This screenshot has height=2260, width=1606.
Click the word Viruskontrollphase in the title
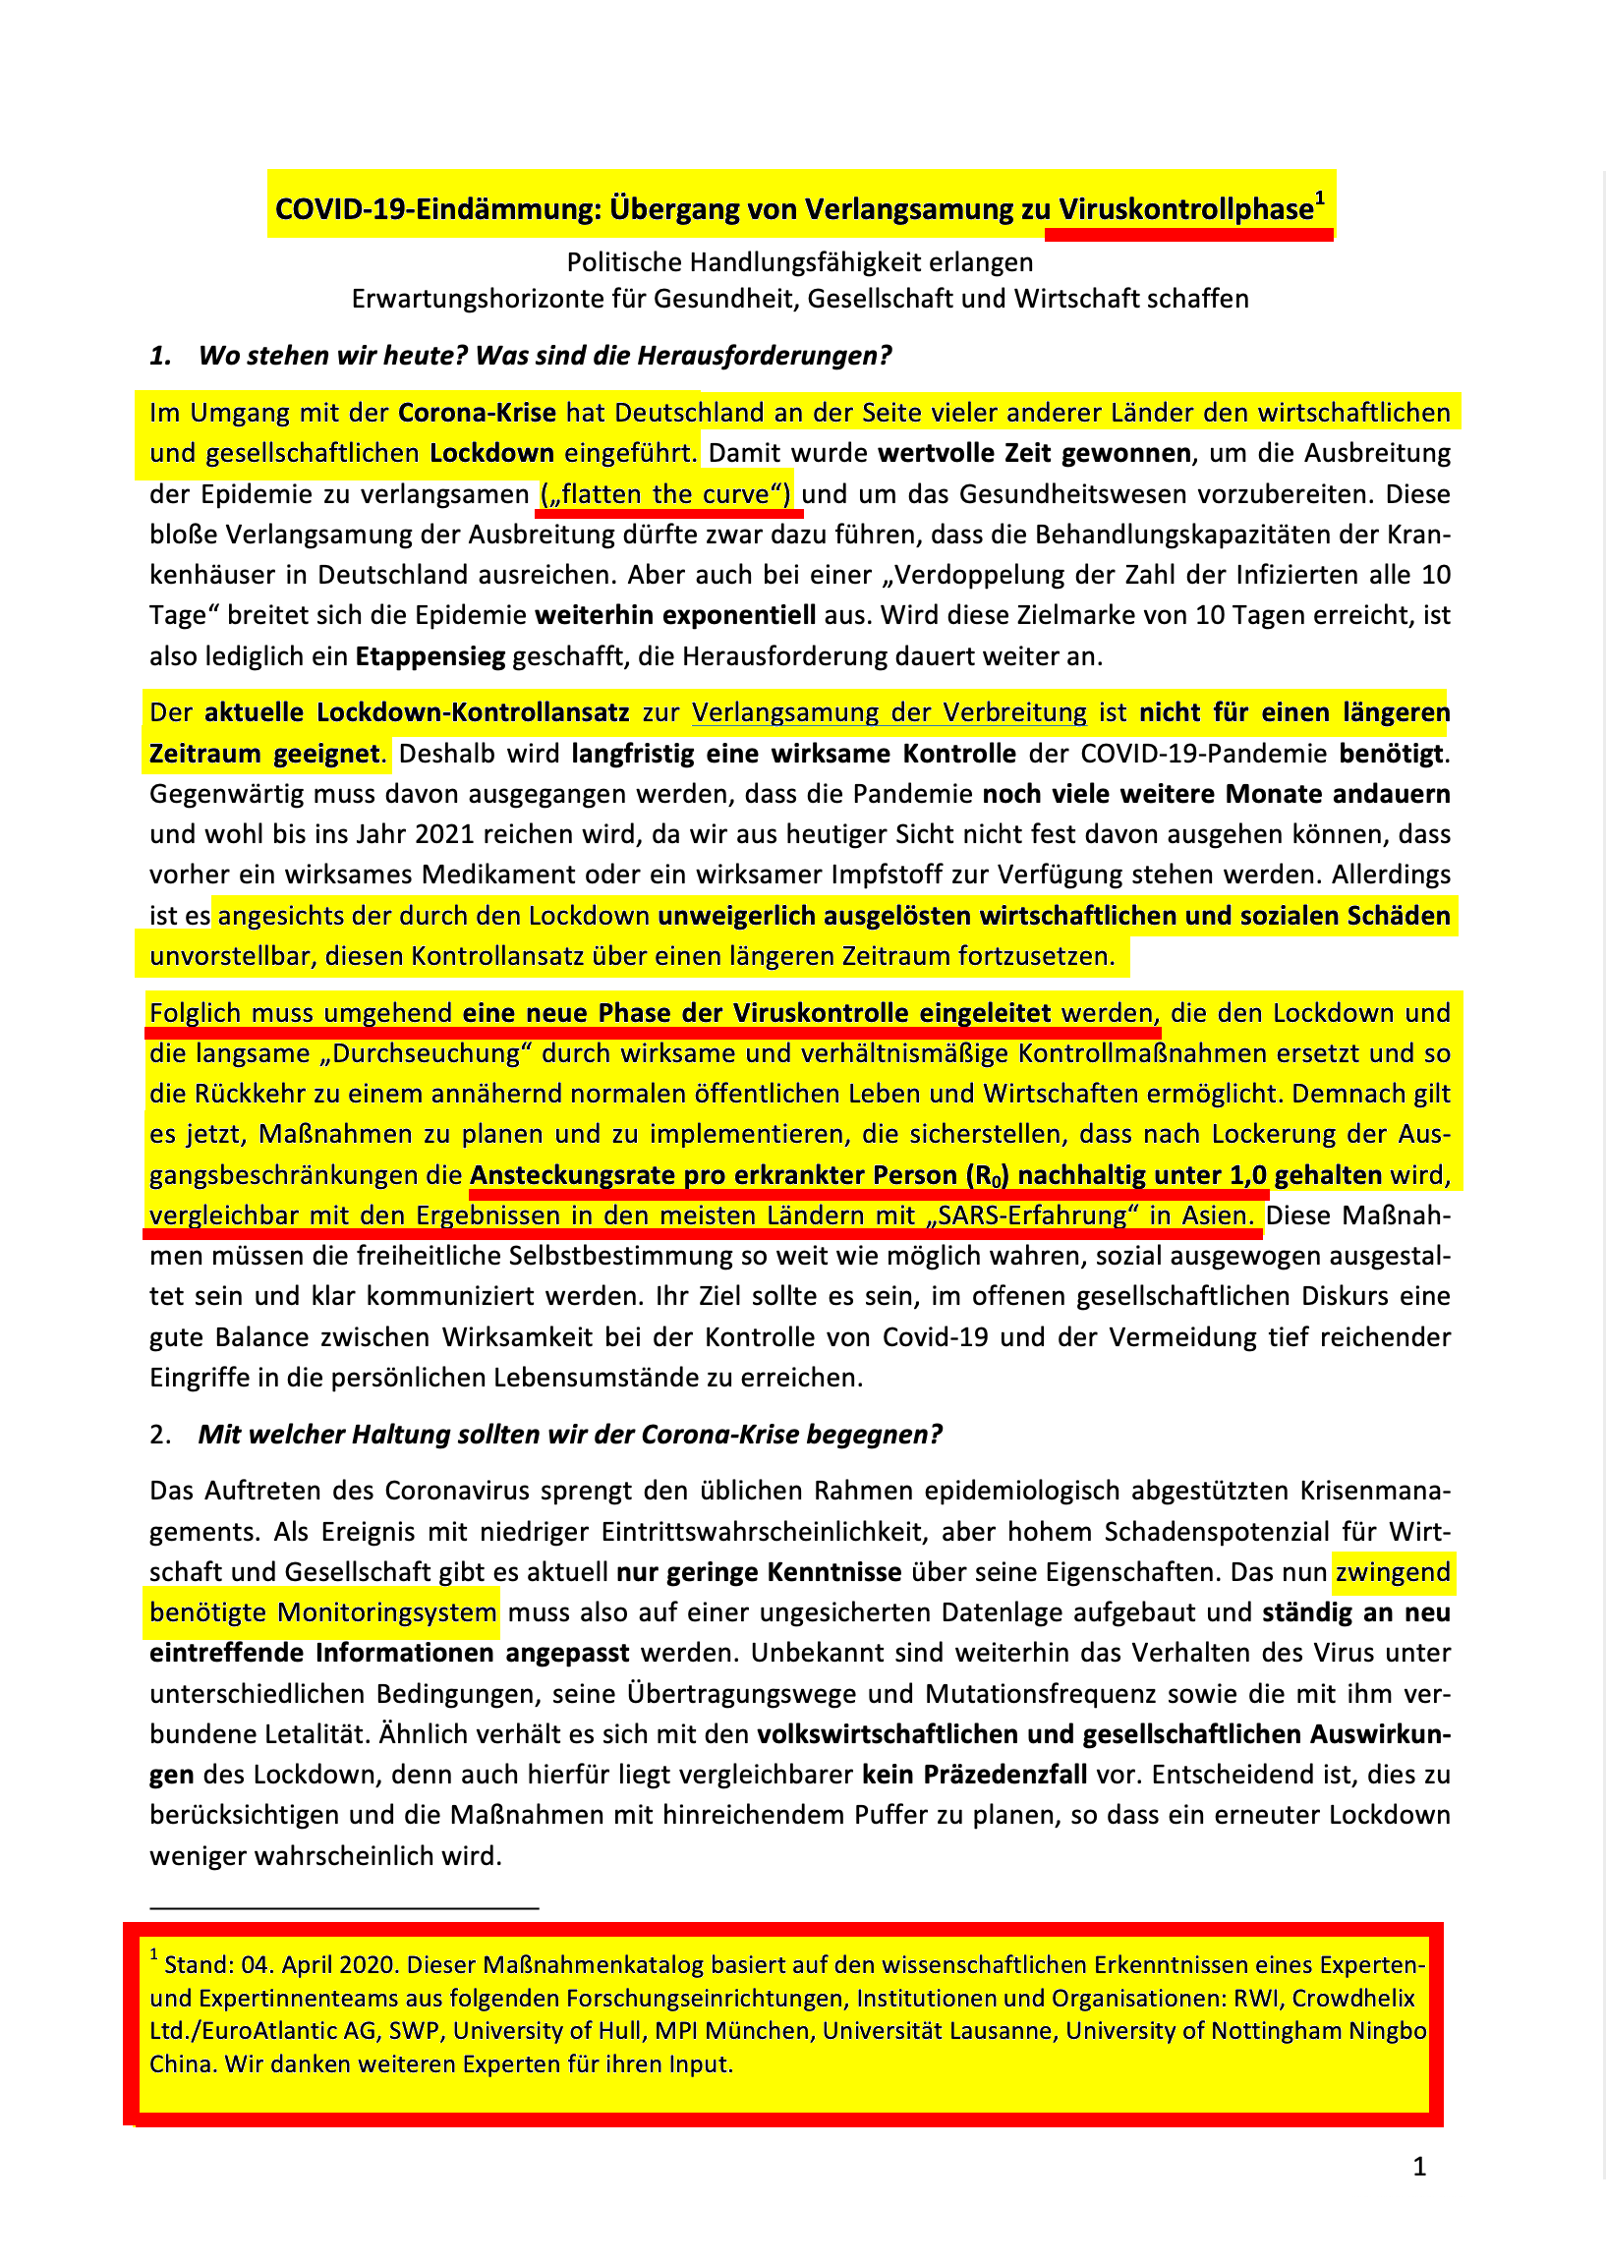click(x=1185, y=209)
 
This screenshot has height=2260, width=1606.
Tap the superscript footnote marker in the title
click(x=1319, y=198)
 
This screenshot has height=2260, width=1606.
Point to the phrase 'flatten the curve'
click(x=664, y=494)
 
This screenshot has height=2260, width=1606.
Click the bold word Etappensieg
click(x=430, y=656)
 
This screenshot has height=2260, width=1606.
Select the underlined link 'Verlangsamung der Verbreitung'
click(x=889, y=712)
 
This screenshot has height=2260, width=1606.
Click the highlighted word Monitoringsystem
click(x=385, y=1612)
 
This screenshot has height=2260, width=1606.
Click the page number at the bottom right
click(x=1419, y=2167)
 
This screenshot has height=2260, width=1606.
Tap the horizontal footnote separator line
click(x=343, y=1907)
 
